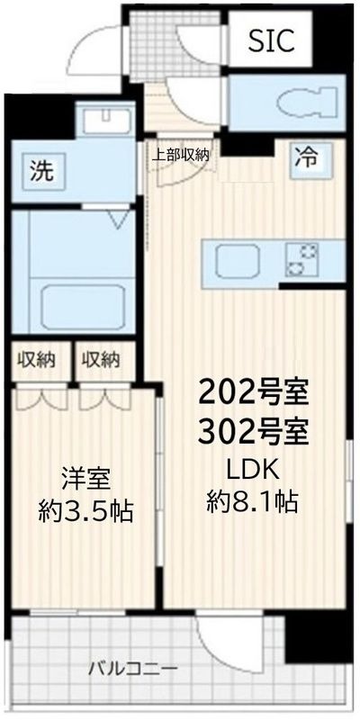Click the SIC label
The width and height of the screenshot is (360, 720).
click(271, 41)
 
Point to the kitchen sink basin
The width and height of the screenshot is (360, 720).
click(238, 261)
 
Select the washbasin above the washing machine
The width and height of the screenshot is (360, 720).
click(105, 117)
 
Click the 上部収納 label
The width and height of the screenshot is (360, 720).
click(181, 155)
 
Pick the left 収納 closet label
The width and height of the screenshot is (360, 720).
click(37, 360)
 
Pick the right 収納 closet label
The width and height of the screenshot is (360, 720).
click(101, 360)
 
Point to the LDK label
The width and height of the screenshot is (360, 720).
click(253, 469)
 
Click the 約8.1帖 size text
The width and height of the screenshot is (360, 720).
click(252, 502)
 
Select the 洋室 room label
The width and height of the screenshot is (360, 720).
click(85, 480)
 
